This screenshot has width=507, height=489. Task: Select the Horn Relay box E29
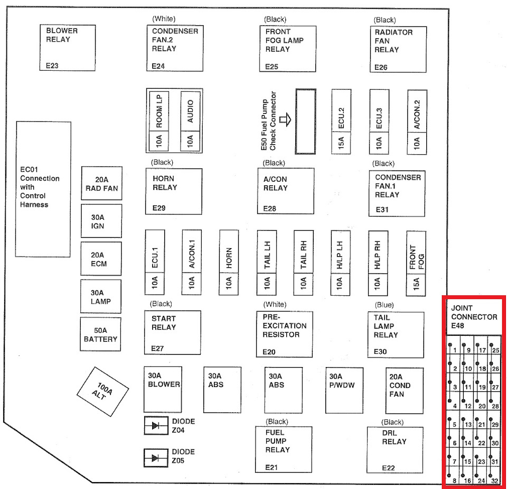tap(174, 191)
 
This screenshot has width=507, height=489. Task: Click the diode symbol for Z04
tap(156, 426)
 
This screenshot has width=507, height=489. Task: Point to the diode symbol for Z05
tap(156, 457)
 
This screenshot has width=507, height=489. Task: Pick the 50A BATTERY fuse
tap(101, 334)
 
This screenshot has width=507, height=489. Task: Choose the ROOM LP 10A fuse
tap(158, 121)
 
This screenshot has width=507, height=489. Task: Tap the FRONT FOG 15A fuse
tap(416, 262)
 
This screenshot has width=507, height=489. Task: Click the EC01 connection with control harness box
tap(43, 189)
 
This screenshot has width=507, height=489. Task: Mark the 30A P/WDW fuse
tap(344, 390)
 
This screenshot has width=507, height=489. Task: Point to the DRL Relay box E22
tap(395, 449)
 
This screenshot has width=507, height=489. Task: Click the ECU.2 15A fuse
tap(341, 121)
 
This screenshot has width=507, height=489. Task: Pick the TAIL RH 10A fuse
tap(304, 262)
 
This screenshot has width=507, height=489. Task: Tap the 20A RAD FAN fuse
tap(101, 183)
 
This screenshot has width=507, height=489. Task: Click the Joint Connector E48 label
tap(474, 317)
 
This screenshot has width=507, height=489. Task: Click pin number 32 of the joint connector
tap(495, 480)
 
